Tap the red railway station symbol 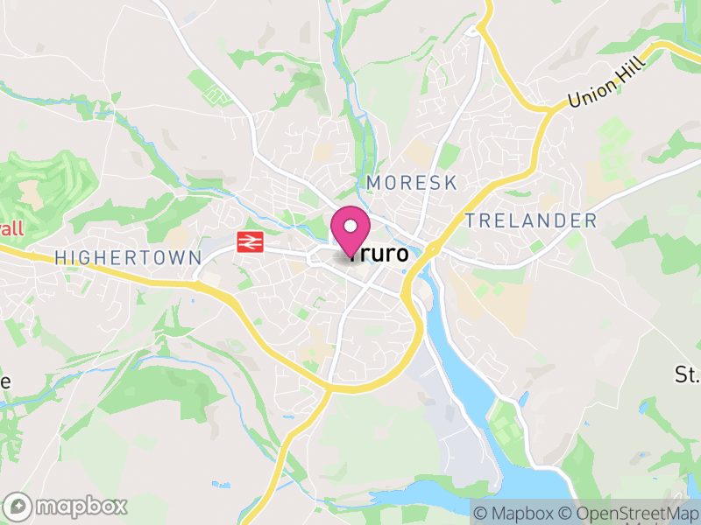[251, 242]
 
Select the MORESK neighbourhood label [412, 182]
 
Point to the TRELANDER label [531, 220]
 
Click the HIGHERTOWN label [128, 257]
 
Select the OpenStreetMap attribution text [636, 513]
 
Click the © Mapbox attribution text [519, 513]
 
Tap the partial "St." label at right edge [686, 375]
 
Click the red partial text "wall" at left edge [11, 229]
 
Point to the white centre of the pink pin [350, 227]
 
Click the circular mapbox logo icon [18, 506]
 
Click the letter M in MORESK [375, 182]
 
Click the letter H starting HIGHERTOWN [60, 257]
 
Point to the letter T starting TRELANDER [471, 220]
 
